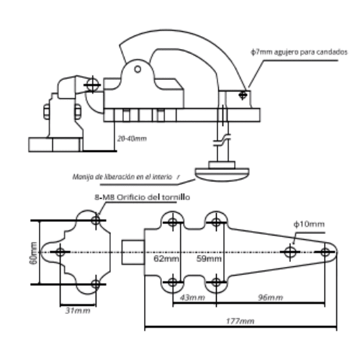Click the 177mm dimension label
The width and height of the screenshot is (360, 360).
240,321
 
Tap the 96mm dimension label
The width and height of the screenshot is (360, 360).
271,297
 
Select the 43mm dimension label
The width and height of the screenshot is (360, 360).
192,297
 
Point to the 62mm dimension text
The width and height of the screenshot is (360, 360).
166,258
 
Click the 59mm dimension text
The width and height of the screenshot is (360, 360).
209,258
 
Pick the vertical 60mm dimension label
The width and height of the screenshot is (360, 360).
34,253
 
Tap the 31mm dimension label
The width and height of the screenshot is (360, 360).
78,310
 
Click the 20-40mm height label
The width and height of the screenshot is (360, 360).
132,138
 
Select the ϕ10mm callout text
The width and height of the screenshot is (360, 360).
309,224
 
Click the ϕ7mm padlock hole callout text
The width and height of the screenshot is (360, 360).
299,52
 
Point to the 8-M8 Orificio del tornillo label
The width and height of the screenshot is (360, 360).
142,197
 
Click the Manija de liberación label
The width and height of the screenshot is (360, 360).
126,177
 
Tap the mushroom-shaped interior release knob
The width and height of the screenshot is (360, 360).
222,174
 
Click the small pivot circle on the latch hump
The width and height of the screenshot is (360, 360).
138,69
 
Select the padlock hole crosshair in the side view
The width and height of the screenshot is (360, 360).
243,95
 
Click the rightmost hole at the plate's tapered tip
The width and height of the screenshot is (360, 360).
325,252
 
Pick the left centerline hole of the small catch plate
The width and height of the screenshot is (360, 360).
60,252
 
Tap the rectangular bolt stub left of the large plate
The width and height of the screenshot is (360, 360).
132,252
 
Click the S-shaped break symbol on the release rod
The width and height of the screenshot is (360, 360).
222,140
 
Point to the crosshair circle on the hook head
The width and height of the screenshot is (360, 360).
93,85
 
